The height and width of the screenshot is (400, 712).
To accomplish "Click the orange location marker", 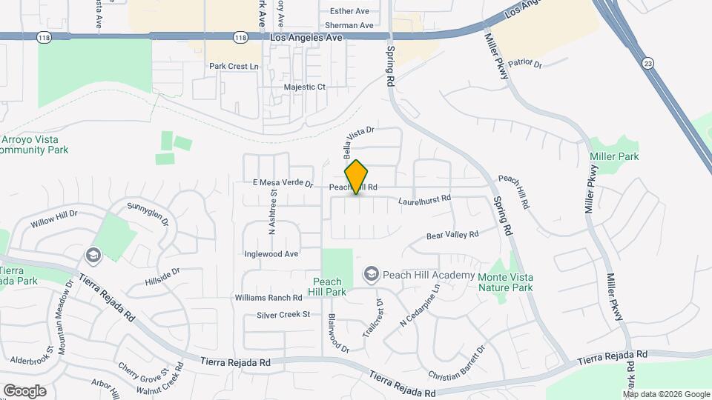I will click(357, 177).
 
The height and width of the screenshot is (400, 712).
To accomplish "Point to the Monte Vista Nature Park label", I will click(506, 282).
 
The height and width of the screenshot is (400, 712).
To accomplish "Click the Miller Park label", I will click(614, 156).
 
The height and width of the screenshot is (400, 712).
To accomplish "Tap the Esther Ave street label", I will click(349, 11).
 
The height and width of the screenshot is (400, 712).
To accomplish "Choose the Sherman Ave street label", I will click(344, 25).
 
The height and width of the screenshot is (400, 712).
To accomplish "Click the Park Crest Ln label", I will click(234, 66).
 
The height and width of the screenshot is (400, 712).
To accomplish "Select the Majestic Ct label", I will click(305, 87).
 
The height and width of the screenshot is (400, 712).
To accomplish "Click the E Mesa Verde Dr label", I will click(283, 183).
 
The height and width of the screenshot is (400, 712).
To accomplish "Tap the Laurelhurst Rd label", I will click(424, 199).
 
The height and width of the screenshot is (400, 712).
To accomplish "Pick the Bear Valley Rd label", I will click(452, 236).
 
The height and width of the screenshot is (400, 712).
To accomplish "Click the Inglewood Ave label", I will click(271, 253).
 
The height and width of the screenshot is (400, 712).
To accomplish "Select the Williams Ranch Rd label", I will click(268, 297).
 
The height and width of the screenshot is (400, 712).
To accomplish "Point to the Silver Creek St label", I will click(283, 315).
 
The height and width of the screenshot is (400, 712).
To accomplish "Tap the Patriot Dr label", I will click(528, 64).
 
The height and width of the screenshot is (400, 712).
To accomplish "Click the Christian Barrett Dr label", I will click(456, 362).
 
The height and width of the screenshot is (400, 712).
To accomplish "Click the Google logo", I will click(24, 390).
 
